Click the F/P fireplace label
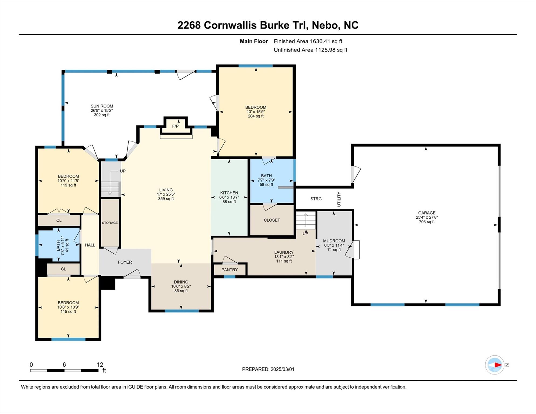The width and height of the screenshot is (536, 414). (x=175, y=126)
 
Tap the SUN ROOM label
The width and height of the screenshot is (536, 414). (x=102, y=106)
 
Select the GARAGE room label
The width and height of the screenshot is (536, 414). (x=427, y=213)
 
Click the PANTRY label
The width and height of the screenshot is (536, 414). (x=229, y=270)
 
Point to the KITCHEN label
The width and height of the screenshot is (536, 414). (x=229, y=193)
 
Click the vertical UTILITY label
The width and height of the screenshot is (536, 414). (x=339, y=199)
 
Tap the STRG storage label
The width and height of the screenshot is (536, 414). (x=316, y=199)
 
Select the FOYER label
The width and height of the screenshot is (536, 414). (x=125, y=262)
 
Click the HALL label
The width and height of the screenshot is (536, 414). (x=90, y=245)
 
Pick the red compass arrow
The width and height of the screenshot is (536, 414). (x=497, y=365)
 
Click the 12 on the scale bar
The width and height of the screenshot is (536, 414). (x=100, y=365)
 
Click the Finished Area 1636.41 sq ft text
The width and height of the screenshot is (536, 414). (x=308, y=41)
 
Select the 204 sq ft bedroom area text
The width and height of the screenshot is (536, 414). (x=256, y=116)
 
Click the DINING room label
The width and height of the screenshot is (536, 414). (x=181, y=282)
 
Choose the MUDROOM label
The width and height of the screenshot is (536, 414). (x=334, y=241)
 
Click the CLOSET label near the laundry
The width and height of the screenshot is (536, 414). (x=272, y=220)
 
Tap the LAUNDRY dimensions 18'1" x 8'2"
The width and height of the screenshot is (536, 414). (x=284, y=257)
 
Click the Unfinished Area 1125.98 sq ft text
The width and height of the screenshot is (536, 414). (x=310, y=50)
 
